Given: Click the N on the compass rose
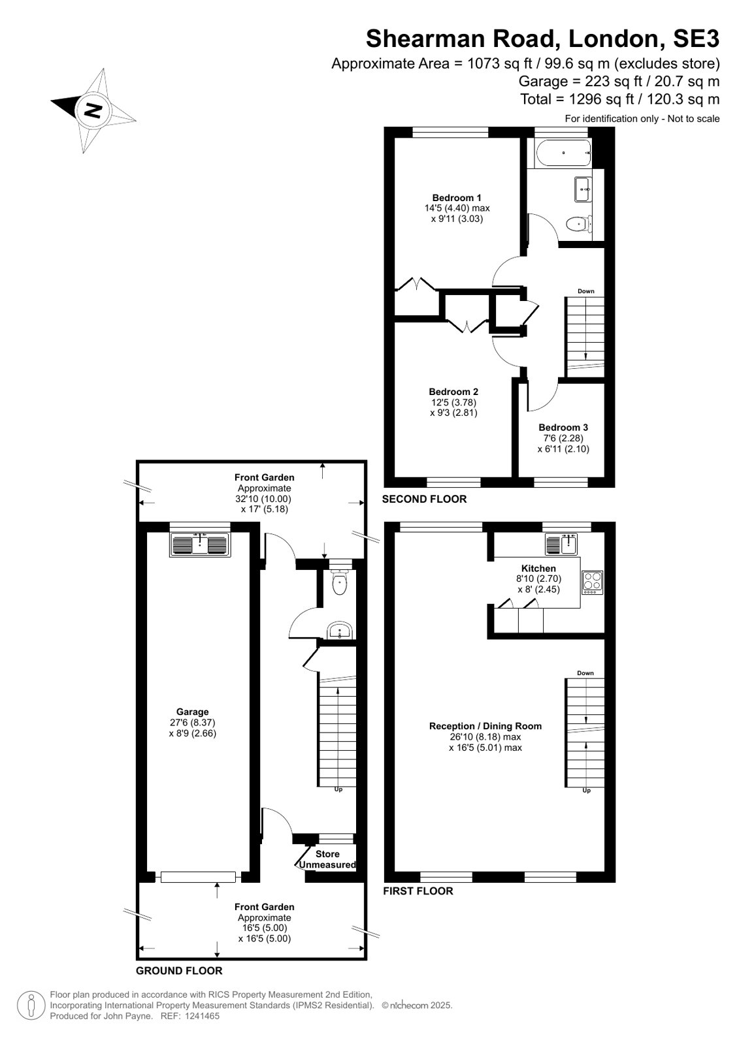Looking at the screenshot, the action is (93, 110).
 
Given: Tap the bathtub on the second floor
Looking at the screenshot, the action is (564, 153).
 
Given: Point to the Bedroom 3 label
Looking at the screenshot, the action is (563, 428).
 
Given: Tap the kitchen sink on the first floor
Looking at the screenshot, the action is (561, 544).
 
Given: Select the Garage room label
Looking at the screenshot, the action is (192, 712).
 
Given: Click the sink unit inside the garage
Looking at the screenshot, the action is (200, 545).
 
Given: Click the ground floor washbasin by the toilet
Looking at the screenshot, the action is (340, 631).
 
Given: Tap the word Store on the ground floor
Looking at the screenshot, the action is (327, 854).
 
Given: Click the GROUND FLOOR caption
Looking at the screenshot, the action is (179, 970).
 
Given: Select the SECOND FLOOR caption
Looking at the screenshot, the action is (424, 499).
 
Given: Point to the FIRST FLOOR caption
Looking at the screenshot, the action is (418, 891).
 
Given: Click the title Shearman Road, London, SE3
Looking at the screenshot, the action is (542, 39).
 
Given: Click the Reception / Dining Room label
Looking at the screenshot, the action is (485, 725).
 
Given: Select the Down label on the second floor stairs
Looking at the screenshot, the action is (586, 291).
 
